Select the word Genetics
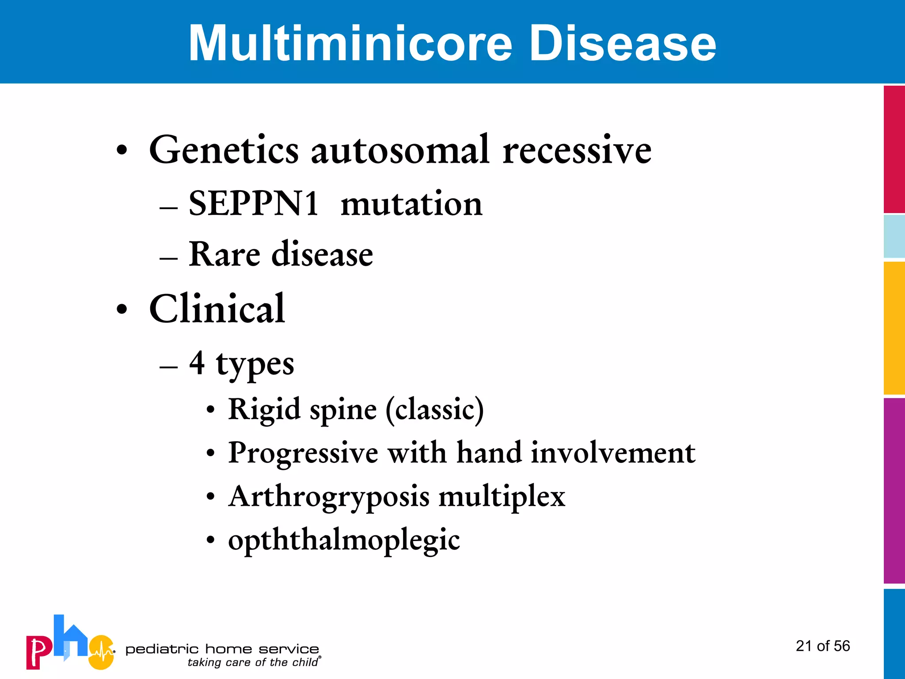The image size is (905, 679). pos(224,150)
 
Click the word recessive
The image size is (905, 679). pos(577,150)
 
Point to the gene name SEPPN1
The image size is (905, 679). pos(254,204)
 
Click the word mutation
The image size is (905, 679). pos(411,204)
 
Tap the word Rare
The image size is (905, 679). pos(224,255)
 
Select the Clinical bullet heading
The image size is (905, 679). pos(217,309)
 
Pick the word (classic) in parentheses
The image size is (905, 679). pos(435,409)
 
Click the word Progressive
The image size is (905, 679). pos(303,453)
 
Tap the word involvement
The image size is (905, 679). pos(613,453)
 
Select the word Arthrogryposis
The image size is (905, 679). pos(329,496)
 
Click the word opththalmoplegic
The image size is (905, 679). pos(344,540)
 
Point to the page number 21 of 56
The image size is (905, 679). pos(823,646)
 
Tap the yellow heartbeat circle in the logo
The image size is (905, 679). pos(102,652)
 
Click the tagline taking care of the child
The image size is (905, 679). pos(253,662)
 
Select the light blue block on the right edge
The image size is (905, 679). pos(894,237)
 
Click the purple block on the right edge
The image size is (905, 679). pos(894,491)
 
